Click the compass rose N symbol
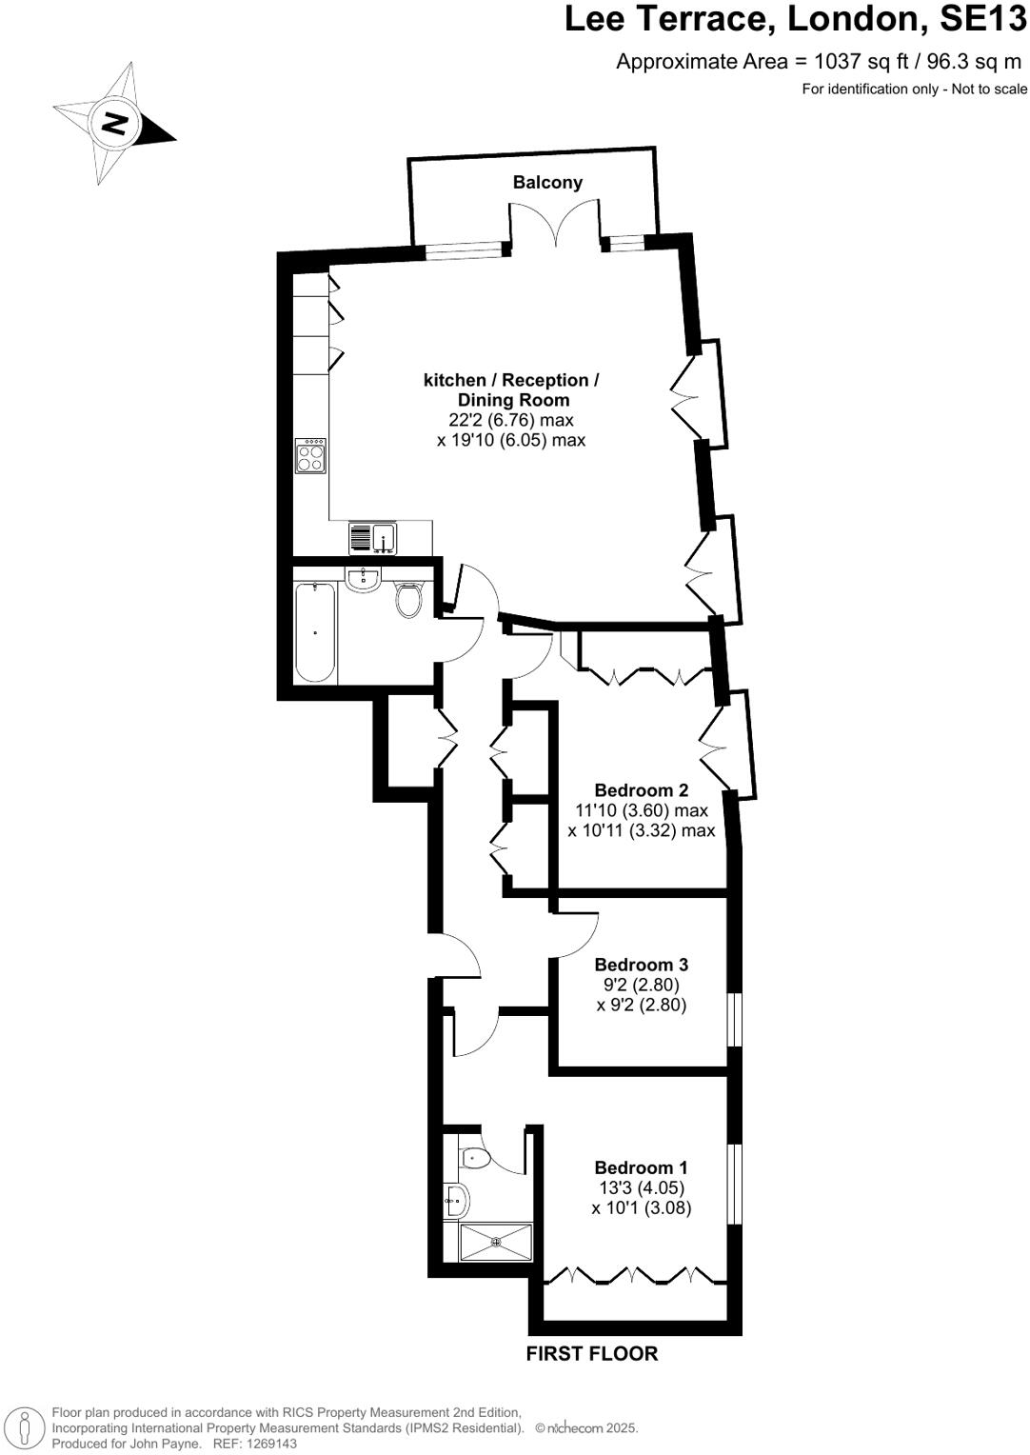(115, 124)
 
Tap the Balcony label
(547, 183)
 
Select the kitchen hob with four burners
(311, 456)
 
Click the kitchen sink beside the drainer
(385, 538)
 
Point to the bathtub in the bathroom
(315, 632)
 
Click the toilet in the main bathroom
(409, 600)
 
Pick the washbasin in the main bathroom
(363, 579)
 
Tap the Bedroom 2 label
(641, 789)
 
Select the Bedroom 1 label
(641, 1167)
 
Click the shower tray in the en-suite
(496, 1242)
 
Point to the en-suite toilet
(475, 1158)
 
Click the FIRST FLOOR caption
(591, 1353)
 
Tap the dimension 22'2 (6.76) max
(511, 420)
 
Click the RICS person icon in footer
(26, 1427)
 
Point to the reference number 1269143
(270, 1444)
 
